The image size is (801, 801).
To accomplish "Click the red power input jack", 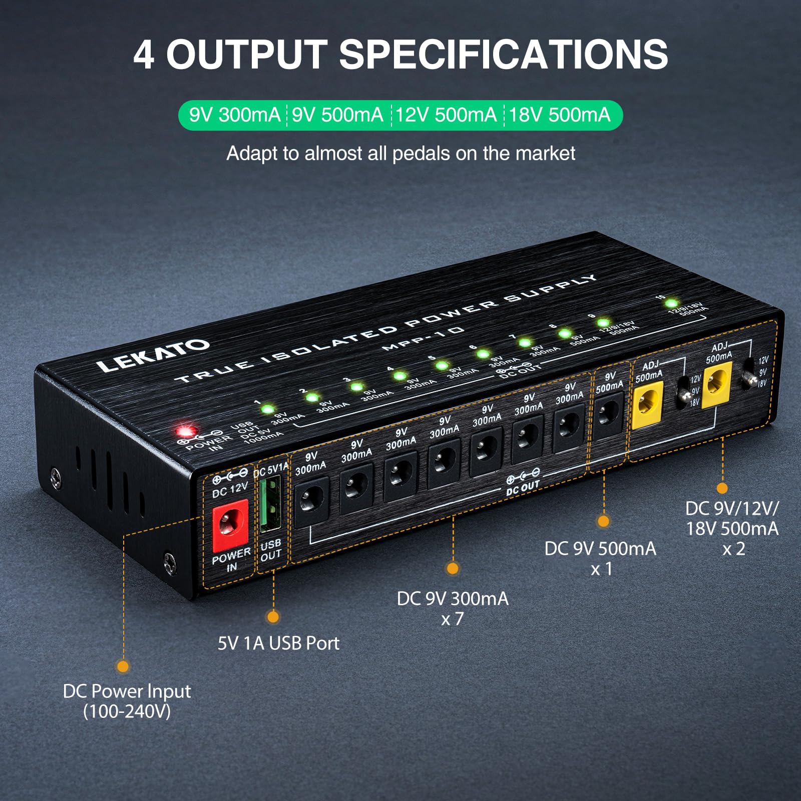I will (230, 526).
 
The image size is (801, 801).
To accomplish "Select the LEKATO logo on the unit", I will (153, 355).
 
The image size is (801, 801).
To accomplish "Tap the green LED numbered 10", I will (671, 303).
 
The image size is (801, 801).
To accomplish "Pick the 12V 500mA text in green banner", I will (446, 115).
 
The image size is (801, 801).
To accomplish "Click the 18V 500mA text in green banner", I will (560, 115).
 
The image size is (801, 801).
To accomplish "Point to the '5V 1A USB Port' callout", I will (278, 643).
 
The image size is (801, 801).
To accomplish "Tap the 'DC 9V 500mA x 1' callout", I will (600, 558).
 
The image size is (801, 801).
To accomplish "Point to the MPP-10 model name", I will (423, 338).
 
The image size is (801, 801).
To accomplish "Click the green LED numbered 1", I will (268, 409).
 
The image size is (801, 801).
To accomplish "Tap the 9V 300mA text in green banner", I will (234, 115).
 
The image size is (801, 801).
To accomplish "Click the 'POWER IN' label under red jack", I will (231, 560).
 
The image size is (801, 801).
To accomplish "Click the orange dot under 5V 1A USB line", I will (273, 617).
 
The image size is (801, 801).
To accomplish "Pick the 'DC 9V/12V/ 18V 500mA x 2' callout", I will (732, 528).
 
